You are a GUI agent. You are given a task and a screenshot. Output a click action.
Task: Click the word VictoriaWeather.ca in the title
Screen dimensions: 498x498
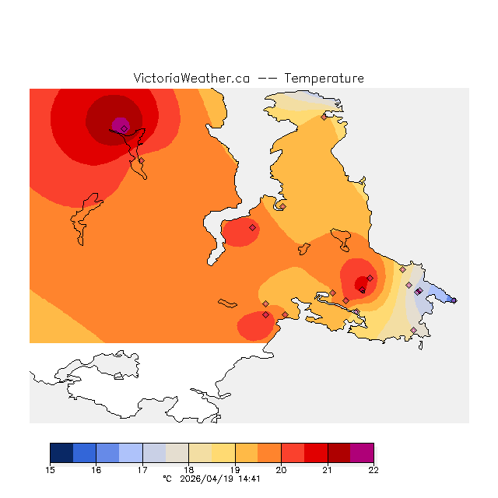(x=191, y=79)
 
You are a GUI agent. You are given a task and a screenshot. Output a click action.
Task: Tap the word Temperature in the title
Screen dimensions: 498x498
(x=324, y=79)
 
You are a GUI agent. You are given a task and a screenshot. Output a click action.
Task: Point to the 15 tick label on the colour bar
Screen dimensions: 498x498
(x=51, y=469)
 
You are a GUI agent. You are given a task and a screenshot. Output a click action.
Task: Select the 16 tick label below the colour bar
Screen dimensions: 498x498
(x=96, y=469)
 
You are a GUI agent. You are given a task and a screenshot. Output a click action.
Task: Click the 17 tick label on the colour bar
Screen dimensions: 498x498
(x=142, y=469)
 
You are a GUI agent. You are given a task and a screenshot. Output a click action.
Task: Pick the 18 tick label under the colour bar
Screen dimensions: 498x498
(x=189, y=469)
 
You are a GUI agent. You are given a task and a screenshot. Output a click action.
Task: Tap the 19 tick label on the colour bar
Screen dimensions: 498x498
(x=235, y=469)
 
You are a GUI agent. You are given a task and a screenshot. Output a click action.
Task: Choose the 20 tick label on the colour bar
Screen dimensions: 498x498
(x=281, y=469)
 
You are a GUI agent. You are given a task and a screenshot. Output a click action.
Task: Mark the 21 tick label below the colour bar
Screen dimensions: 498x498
(x=328, y=469)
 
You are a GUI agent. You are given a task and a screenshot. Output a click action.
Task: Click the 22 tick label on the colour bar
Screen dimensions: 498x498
(x=373, y=469)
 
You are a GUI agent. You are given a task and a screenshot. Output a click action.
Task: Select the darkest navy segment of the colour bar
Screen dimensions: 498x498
(x=61, y=453)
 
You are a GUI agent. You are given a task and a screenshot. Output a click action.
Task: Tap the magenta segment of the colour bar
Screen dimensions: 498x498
(x=362, y=453)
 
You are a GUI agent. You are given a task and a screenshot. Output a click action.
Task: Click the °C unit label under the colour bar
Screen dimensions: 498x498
(x=167, y=479)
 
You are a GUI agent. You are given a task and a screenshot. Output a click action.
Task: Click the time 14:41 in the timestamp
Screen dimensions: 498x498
(x=248, y=479)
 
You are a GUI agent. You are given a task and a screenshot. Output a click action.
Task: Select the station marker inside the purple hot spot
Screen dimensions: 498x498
(x=124, y=128)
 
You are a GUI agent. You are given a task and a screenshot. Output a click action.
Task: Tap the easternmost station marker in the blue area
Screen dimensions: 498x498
(x=454, y=300)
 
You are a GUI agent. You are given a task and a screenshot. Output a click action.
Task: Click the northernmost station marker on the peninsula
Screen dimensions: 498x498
(x=324, y=117)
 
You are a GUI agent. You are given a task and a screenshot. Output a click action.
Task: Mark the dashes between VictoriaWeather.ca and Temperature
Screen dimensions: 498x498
(x=267, y=79)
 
